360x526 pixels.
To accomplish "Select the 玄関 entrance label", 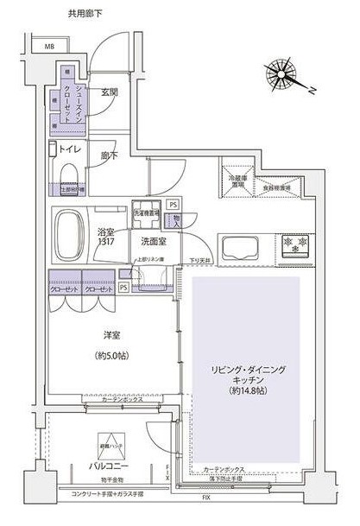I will point(110,92).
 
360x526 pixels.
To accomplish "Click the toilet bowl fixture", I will point(68,177).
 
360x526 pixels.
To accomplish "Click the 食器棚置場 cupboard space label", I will point(276,186).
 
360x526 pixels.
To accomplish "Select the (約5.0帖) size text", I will point(108,355).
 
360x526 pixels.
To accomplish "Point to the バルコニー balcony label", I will point(109,466).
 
